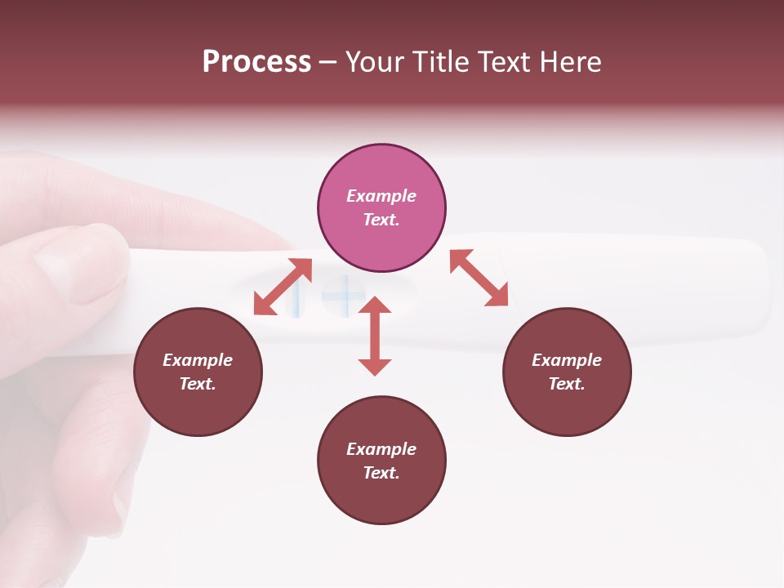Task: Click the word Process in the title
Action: coord(256,62)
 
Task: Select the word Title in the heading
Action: coord(437,62)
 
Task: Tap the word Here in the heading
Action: coord(569,62)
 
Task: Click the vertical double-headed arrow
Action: coord(375,336)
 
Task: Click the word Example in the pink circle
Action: coord(381,196)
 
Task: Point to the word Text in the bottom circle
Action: coord(381,473)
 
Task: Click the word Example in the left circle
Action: coord(198,360)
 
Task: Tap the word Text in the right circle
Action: coord(567,384)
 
